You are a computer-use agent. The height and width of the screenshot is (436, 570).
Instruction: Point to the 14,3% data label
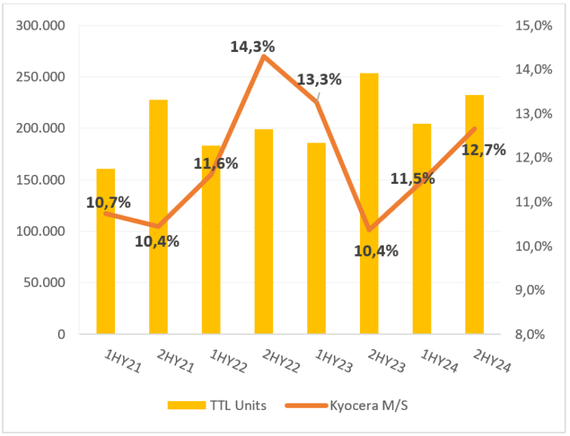click(x=252, y=47)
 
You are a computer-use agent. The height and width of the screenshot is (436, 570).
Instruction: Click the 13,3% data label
click(x=319, y=79)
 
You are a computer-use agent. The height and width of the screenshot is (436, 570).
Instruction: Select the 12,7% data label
click(x=483, y=151)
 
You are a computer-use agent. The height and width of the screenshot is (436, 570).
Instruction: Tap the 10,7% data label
click(x=108, y=202)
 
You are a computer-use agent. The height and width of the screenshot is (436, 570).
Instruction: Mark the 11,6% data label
click(x=216, y=163)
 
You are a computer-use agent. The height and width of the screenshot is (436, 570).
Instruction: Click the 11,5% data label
click(x=413, y=179)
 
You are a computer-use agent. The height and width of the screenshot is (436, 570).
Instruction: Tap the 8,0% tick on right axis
click(x=534, y=334)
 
